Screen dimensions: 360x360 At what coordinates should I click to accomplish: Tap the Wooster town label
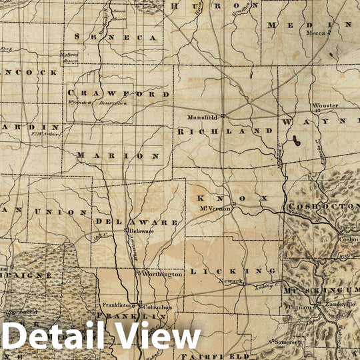point(326,105)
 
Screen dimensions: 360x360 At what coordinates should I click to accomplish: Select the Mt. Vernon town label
point(210,208)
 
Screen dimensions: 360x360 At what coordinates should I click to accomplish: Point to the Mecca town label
point(315,32)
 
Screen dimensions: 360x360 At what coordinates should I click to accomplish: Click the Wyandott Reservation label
point(97,103)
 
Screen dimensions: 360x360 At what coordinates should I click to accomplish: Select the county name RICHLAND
point(225,131)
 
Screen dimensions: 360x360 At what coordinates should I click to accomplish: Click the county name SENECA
point(117,37)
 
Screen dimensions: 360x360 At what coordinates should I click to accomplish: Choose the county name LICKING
point(233,271)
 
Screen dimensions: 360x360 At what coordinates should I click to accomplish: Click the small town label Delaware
point(141,231)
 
